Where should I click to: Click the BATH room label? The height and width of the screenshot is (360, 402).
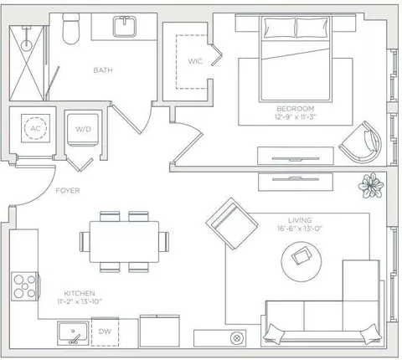[x=103, y=70]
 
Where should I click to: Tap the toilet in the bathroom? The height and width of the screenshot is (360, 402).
[x=70, y=28]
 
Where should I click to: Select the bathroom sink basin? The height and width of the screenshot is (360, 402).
[x=125, y=27]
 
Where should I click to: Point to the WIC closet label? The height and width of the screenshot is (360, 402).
[x=195, y=61]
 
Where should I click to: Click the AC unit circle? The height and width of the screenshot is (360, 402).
[x=35, y=128]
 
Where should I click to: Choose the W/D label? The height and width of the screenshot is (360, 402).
[x=83, y=129]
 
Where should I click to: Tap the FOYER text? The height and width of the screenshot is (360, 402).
[x=68, y=191]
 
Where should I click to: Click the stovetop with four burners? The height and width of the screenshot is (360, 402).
[x=24, y=286]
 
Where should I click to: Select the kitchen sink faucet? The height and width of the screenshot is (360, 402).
[x=75, y=337]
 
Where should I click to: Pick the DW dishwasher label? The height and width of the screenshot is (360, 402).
[x=105, y=332]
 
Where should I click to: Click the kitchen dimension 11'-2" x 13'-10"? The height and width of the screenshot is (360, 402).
[x=80, y=301]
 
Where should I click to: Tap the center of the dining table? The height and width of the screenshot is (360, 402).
[x=124, y=242]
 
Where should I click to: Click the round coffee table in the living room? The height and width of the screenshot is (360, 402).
[x=301, y=261]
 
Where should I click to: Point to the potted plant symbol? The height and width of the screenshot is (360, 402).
[x=371, y=185]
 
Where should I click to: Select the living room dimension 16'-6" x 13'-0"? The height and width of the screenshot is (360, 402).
[x=300, y=229]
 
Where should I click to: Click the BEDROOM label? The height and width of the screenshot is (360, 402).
[x=296, y=109]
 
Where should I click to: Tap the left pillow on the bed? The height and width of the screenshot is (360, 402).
[x=280, y=28]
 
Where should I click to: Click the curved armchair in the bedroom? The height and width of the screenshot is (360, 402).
[x=361, y=142]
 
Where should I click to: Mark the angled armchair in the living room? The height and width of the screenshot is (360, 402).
[x=232, y=224]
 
